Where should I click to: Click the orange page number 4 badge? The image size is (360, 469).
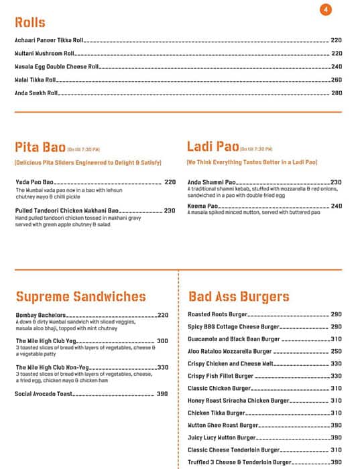tap(326, 9)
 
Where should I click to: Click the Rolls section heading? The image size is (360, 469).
tap(30, 23)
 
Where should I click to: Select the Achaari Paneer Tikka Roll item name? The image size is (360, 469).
tap(49, 41)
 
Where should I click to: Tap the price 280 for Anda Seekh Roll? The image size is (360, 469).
tap(337, 92)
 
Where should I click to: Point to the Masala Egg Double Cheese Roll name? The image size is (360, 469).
tap(56, 66)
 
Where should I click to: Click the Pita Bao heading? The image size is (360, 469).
tap(40, 148)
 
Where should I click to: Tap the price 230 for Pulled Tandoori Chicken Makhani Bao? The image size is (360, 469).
tap(170, 210)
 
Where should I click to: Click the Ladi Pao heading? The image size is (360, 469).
tap(211, 148)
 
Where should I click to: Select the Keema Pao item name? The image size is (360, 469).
tap(203, 206)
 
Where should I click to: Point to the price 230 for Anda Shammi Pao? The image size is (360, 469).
tap(336, 182)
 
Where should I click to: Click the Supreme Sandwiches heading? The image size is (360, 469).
tap(80, 297)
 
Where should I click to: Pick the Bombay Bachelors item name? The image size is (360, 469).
tap(40, 315)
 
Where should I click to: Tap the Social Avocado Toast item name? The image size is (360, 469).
tap(44, 393)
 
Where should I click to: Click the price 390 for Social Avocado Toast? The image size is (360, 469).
tap(162, 393)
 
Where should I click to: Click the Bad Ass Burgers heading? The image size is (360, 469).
tap(239, 297)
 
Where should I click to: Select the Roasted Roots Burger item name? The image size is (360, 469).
tap(218, 314)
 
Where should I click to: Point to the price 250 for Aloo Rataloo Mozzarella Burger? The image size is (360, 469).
tap(336, 351)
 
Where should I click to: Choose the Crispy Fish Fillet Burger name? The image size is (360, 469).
tap(221, 376)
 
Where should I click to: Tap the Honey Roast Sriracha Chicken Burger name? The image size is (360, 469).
tap(238, 401)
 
